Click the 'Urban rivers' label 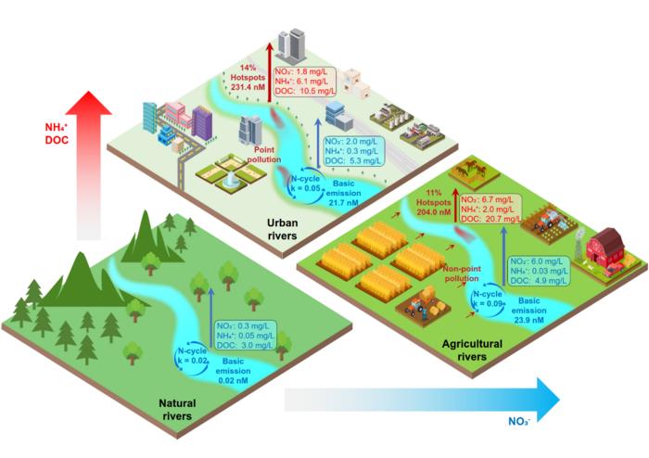(282, 229)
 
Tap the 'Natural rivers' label (177, 409)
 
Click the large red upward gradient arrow (89, 165)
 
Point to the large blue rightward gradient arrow (422, 400)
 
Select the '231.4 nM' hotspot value (248, 87)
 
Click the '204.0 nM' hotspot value (434, 212)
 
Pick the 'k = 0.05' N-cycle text (306, 188)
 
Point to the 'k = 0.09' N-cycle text (489, 303)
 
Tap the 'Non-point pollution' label (462, 274)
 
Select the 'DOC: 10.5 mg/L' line (305, 91)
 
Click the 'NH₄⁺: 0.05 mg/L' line (245, 336)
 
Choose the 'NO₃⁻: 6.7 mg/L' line (487, 200)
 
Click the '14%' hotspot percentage (248, 68)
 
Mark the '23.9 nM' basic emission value (528, 320)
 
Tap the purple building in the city (201, 122)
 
